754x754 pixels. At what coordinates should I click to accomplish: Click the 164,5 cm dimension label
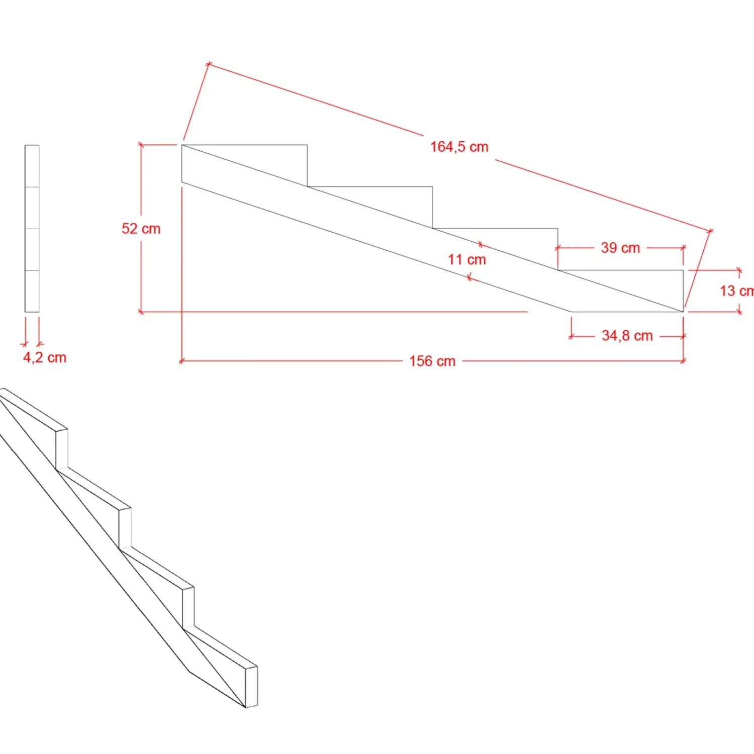pos(459,147)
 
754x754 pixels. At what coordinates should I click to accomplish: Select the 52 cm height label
pos(141,229)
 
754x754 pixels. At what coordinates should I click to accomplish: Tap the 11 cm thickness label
pos(467,259)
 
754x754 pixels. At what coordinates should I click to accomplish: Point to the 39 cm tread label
pos(620,248)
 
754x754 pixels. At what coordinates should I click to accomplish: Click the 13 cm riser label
pos(736,291)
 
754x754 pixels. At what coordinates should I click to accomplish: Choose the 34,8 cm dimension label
pos(627,336)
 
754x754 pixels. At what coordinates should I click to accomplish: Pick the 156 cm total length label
pos(432,361)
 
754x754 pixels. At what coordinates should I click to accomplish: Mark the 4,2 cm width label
pos(45,357)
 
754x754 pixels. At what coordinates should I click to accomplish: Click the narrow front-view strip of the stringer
pos(32,229)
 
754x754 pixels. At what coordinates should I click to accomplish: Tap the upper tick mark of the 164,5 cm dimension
pos(209,64)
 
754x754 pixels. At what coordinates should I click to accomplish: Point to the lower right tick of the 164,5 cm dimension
pos(710,231)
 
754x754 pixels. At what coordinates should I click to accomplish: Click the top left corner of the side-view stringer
pos(182,145)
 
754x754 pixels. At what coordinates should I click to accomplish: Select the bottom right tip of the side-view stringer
pos(683,311)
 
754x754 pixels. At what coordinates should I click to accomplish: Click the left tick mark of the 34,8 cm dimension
pos(572,336)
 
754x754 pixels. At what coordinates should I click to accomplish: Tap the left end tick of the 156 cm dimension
pos(181,361)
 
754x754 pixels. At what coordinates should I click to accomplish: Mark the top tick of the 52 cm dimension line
pos(141,145)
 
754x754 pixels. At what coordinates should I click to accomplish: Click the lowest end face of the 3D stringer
pos(251,687)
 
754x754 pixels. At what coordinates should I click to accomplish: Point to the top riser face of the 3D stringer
pos(62,449)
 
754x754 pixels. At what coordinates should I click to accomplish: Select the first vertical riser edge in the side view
pos(307,166)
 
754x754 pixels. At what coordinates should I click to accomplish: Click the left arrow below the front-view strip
pos(25,344)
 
